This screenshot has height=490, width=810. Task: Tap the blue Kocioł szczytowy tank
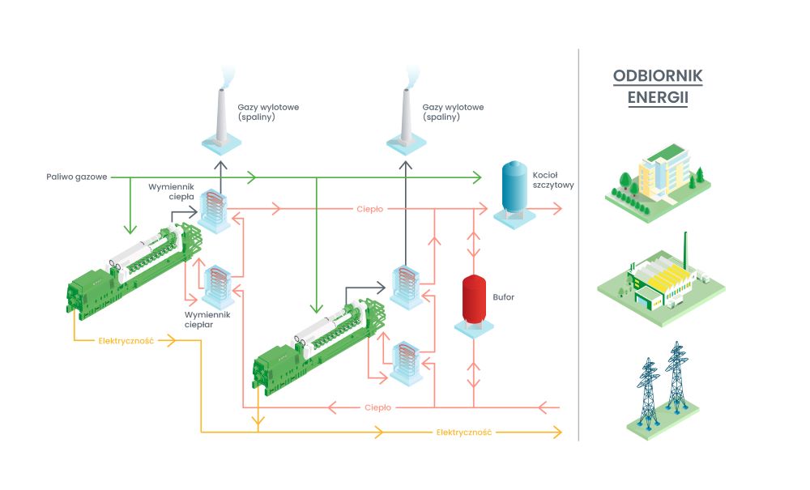pyautogui.click(x=513, y=188)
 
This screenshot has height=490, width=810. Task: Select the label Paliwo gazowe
pyautogui.click(x=76, y=176)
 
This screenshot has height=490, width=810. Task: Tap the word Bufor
pyautogui.click(x=504, y=297)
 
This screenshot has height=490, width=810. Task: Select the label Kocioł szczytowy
pyautogui.click(x=553, y=180)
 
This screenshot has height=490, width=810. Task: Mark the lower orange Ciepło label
pyautogui.click(x=378, y=407)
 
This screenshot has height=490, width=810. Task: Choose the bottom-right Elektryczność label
pyautogui.click(x=464, y=432)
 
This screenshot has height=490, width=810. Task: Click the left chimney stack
pyautogui.click(x=221, y=113)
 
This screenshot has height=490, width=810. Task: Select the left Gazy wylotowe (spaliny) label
pyautogui.click(x=267, y=112)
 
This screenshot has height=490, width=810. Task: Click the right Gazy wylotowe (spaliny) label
pyautogui.click(x=452, y=112)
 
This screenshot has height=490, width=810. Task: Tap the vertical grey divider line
pyautogui.click(x=578, y=243)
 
